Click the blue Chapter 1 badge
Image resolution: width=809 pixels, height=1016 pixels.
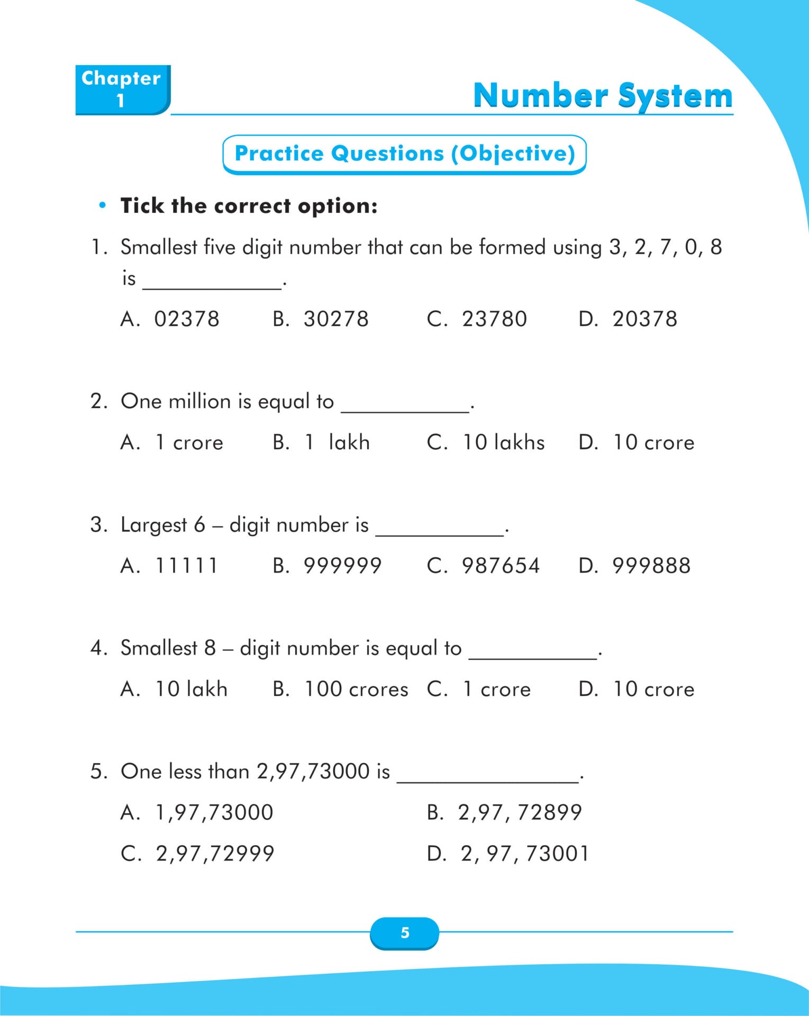[x=122, y=89]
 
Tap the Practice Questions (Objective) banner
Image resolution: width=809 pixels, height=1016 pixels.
[x=404, y=154]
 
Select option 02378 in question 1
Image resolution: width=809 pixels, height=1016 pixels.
[x=186, y=319]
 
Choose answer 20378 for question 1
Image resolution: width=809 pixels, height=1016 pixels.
[x=644, y=319]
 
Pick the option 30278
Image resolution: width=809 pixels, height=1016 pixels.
[x=336, y=319]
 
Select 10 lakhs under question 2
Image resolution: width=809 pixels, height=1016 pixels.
[x=503, y=442]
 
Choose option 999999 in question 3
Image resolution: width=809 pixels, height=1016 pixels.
[x=342, y=566]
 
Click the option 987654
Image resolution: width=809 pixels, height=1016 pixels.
[x=501, y=566]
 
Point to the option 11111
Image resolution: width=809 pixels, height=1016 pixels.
[x=186, y=566]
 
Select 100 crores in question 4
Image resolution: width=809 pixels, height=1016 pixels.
[x=356, y=689]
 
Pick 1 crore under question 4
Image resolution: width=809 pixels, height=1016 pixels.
[x=496, y=689]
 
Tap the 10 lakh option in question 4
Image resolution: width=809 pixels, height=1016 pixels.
[x=191, y=689]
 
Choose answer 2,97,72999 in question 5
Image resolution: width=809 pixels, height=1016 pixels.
[x=215, y=854]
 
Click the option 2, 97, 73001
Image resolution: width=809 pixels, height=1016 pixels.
[x=524, y=854]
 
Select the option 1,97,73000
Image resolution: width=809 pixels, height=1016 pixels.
[x=214, y=812]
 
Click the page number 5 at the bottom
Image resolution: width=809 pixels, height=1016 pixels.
[x=405, y=932]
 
